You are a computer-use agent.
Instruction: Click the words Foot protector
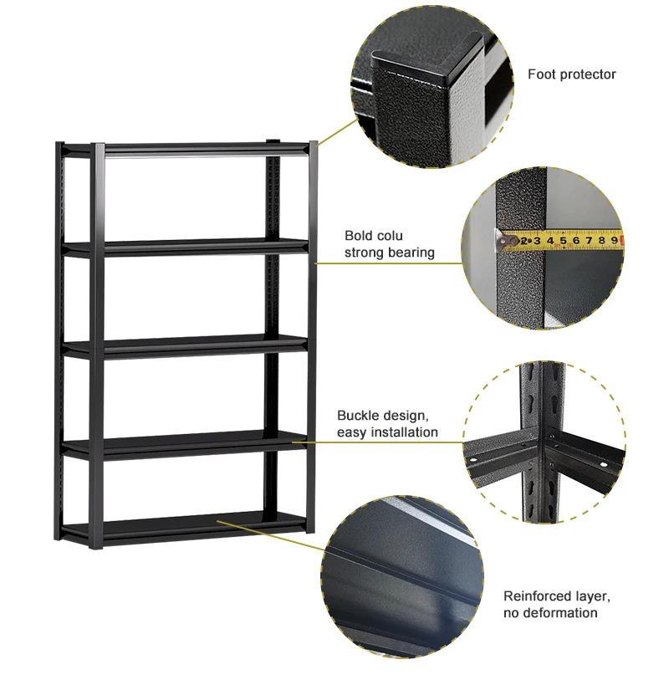(x=571, y=74)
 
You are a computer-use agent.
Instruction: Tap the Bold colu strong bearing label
(x=390, y=243)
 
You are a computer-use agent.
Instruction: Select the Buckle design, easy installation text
(x=387, y=424)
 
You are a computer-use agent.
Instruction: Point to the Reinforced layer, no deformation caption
(x=556, y=605)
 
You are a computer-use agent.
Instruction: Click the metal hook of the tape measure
(x=505, y=242)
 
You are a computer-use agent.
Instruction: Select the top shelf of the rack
(x=188, y=147)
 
